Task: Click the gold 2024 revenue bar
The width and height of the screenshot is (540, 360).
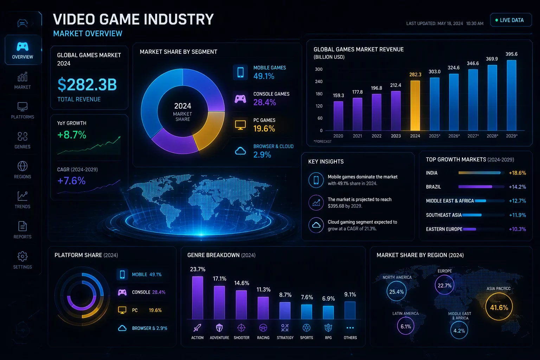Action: point(415,105)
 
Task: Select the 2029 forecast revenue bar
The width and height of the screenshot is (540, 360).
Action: point(512,96)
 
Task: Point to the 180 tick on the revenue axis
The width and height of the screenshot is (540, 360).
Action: point(319,94)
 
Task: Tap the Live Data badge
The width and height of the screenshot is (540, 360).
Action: point(511,20)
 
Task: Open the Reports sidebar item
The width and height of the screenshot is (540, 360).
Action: point(22,230)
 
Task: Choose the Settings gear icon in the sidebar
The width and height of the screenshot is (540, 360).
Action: point(22,256)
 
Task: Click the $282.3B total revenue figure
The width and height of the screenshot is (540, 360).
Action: point(87,85)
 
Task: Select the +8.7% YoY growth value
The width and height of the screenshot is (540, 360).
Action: point(72,135)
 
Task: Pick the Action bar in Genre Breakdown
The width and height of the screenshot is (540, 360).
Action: point(198,297)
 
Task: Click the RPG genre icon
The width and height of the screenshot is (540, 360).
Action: point(328,328)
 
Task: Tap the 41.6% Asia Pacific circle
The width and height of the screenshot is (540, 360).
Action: point(499,307)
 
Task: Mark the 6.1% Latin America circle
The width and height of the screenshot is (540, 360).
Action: point(406,326)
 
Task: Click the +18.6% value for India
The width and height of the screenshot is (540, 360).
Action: point(517,173)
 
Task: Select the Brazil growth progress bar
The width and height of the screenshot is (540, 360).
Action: point(481,187)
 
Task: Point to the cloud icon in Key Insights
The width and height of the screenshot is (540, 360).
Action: point(316,225)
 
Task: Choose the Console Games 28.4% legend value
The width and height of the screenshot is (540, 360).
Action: point(264,102)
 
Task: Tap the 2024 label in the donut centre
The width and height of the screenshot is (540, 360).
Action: point(183,106)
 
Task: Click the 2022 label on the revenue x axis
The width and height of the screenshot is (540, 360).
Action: point(377,136)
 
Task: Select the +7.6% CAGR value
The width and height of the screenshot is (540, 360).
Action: point(71,181)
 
